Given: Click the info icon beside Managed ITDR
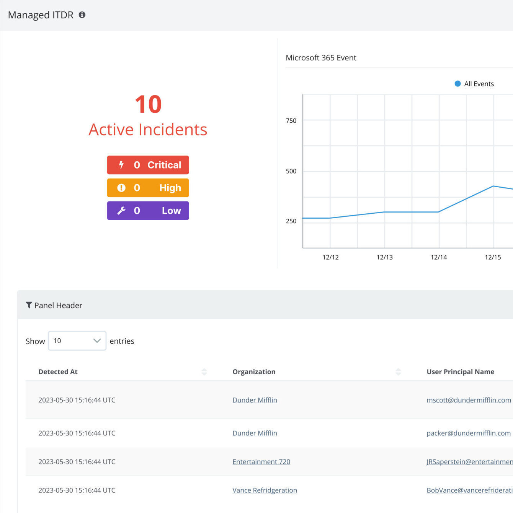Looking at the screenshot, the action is pos(82,15).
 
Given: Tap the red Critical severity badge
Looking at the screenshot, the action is pos(148,165).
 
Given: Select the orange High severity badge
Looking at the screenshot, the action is pos(148,188).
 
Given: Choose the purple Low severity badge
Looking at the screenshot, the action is pos(148,211).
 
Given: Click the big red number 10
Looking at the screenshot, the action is pos(148,104).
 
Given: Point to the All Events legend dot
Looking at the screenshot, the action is pos(457,84).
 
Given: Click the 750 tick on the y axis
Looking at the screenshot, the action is pos(291,120).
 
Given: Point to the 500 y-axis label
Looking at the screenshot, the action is pos(291,171).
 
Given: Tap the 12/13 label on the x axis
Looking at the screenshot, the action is pos(384,257).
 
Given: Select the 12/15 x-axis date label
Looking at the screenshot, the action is pos(493,257).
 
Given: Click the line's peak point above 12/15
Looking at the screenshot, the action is pos(493,186).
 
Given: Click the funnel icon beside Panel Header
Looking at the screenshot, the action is pos(29,305).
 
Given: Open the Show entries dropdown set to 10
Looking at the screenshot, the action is pos(77,341).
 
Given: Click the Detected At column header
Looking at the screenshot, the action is pos(58,372).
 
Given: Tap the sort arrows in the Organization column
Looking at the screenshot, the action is pos(398,372).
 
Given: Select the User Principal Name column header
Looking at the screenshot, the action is pos(461,372).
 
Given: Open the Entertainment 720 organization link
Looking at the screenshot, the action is pos(261,462).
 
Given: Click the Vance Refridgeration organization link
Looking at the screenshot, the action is pos(265,490).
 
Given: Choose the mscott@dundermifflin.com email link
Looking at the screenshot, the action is pos(469,400).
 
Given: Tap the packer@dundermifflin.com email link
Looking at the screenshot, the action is pos(469,433).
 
